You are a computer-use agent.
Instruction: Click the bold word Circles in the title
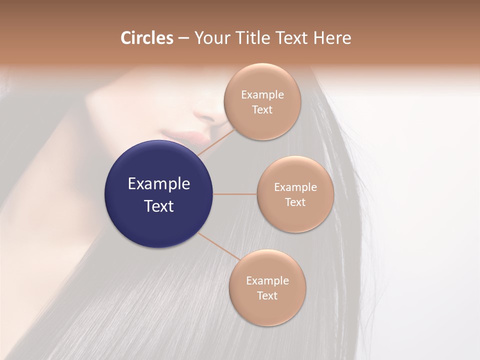(146, 38)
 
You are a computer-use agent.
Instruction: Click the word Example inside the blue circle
(159, 184)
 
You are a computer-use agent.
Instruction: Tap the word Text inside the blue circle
(159, 206)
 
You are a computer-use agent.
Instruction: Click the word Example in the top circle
(262, 95)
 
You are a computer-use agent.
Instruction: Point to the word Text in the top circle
(262, 110)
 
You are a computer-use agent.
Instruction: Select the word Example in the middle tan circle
(295, 187)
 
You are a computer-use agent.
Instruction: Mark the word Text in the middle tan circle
(295, 202)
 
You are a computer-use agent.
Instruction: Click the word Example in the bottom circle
(267, 281)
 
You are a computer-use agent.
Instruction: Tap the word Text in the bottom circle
(267, 296)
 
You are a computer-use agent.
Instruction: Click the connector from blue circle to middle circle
(234, 194)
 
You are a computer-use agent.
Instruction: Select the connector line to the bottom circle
(218, 245)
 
